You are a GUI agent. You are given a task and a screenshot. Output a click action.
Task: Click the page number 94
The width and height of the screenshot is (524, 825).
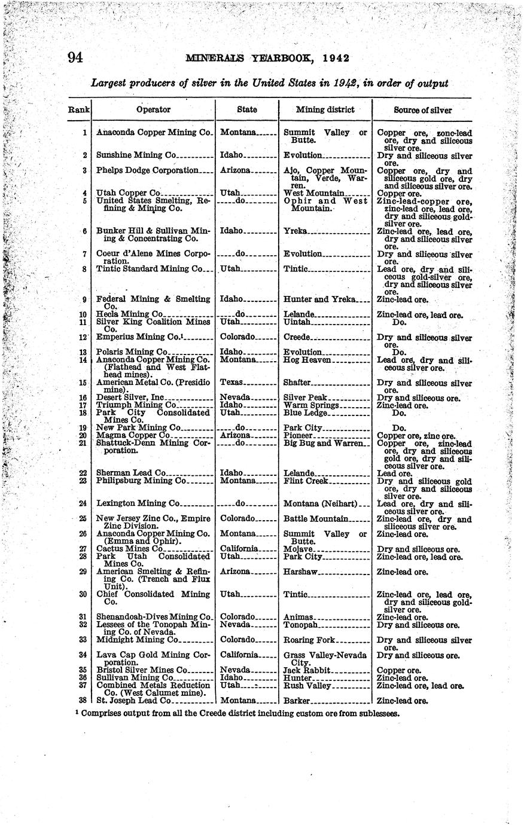(x=75, y=58)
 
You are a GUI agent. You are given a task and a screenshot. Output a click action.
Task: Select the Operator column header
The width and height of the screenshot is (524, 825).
(x=153, y=109)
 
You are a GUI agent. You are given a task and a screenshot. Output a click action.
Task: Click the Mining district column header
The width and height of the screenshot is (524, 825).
(x=325, y=109)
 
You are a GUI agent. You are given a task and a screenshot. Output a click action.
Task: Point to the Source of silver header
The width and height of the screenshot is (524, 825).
(x=423, y=110)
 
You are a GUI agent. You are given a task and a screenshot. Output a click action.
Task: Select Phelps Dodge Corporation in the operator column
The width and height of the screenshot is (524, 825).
(x=147, y=170)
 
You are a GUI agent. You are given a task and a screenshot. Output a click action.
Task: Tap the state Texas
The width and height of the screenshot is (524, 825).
(x=231, y=383)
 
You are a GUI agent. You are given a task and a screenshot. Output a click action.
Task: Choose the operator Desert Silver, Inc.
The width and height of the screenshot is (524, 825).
(x=130, y=398)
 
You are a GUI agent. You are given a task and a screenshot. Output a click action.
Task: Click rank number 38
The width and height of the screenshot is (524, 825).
(x=84, y=700)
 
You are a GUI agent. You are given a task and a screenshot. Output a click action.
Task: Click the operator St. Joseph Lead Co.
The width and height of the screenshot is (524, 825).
(x=134, y=700)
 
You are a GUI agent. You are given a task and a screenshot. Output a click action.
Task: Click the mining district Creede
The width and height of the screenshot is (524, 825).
(x=297, y=337)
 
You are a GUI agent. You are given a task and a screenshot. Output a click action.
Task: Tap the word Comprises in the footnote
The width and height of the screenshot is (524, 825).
(x=104, y=713)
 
